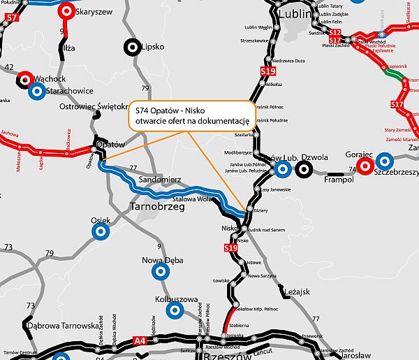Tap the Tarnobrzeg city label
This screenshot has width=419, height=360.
pos(160,206)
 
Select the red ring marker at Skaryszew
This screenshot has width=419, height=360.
pos(66,11)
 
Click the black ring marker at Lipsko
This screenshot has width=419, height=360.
pos(131,48)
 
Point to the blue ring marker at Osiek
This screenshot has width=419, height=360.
pos(101,229)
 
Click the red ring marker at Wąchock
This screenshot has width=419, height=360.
pos(24,78)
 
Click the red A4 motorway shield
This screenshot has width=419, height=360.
pos(142,341)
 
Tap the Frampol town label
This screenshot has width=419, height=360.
pos(340,180)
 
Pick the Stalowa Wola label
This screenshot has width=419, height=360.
pos(195,199)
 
